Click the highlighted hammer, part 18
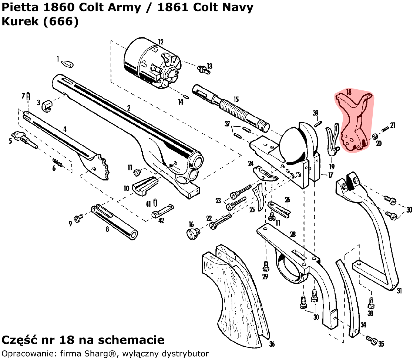pyautogui.click(x=353, y=122)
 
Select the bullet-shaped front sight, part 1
pyautogui.click(x=67, y=63)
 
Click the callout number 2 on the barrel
pyautogui.click(x=128, y=108)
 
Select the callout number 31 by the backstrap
pyautogui.click(x=399, y=291)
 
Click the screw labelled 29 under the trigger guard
pyautogui.click(x=265, y=266)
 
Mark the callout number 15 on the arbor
pyautogui.click(x=236, y=99)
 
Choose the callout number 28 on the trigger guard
pyautogui.click(x=292, y=234)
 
